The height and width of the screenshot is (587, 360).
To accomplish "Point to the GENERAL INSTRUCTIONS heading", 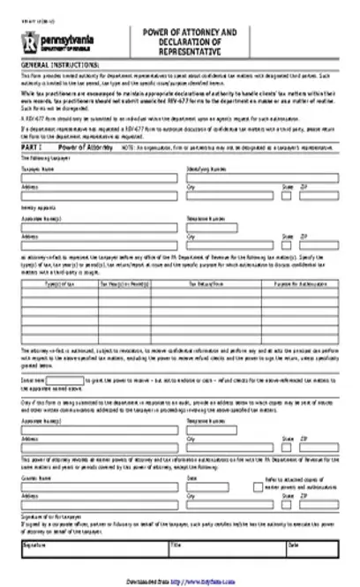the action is [61, 66].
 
